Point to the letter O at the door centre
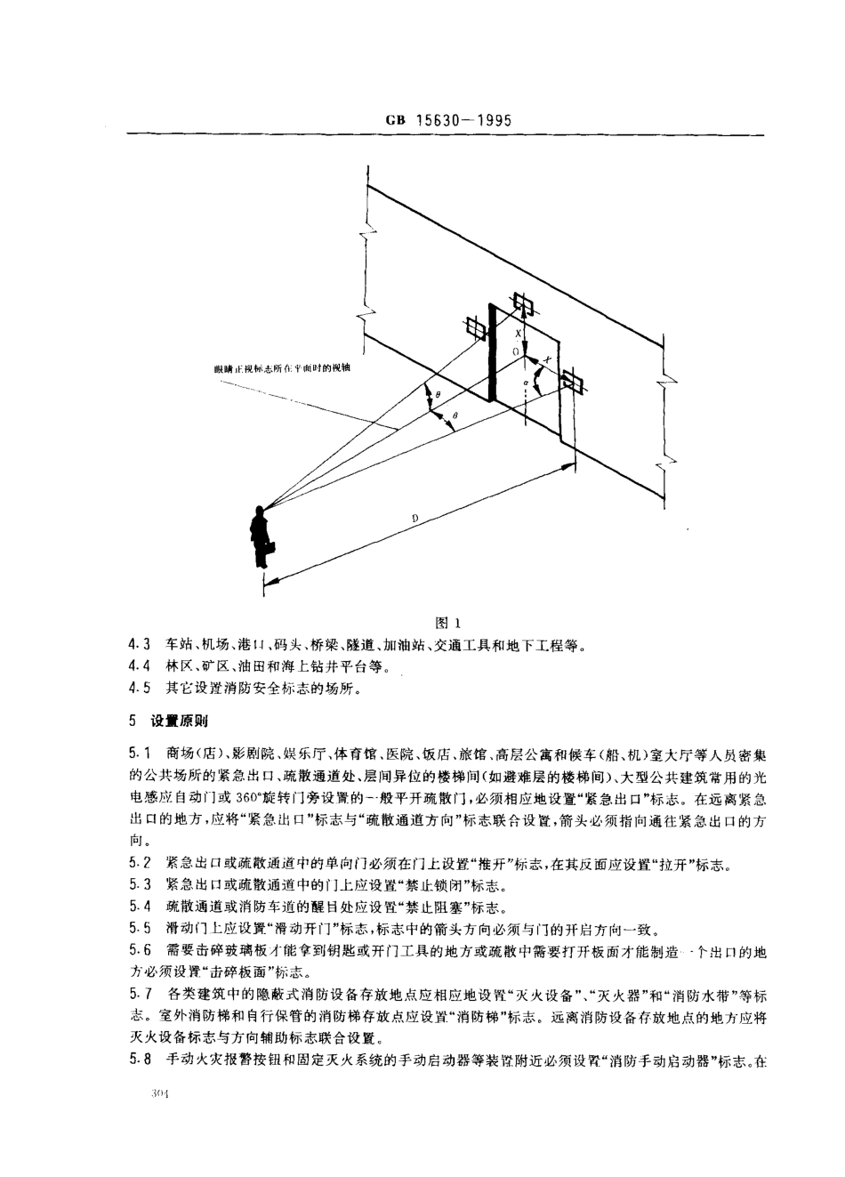515,352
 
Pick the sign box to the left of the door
477,329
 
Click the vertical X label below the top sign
519,332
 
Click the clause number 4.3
138,645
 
